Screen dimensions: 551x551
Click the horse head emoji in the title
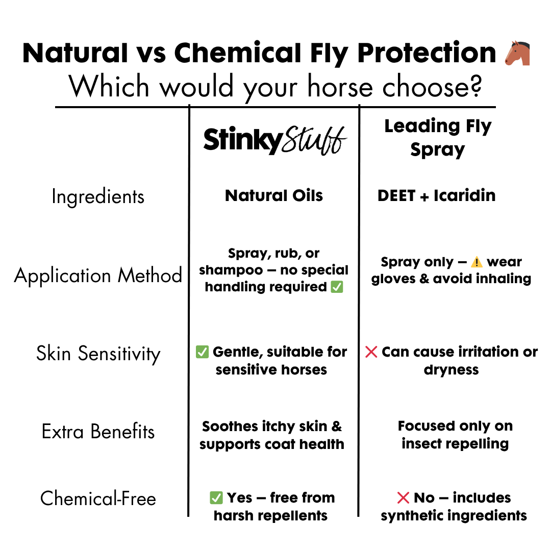[x=517, y=53]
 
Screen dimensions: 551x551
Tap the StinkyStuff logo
[x=275, y=140]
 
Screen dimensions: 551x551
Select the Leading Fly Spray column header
[x=438, y=138]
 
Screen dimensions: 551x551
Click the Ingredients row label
[x=98, y=196]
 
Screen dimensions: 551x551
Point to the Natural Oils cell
[x=274, y=195]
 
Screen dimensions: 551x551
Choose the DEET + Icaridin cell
[x=436, y=195]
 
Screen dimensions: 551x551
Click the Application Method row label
[x=98, y=275]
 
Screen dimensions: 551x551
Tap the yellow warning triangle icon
[x=477, y=262]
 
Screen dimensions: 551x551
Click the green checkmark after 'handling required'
[x=337, y=287]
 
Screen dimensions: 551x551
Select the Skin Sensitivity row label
[x=98, y=354]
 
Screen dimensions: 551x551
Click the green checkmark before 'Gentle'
[x=202, y=352]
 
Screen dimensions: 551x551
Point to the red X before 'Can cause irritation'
[x=371, y=352]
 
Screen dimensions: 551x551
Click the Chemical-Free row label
[x=98, y=498]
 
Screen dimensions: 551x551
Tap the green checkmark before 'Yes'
[x=216, y=497]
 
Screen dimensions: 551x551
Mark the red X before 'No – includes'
[x=403, y=497]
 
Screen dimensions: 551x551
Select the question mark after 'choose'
[x=477, y=86]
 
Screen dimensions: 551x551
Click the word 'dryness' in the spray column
[x=451, y=370]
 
